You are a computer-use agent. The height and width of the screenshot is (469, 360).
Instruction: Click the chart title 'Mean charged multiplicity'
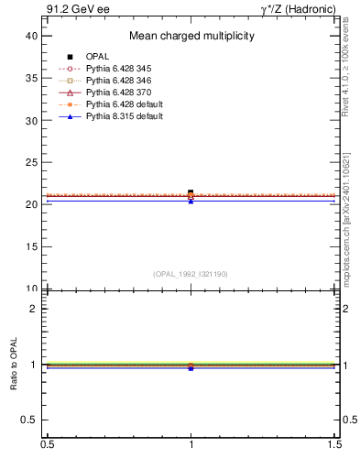tap(191, 37)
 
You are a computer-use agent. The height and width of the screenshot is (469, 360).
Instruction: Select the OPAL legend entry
tap(97, 57)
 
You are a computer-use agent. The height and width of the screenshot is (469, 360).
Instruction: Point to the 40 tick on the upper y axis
tap(32, 36)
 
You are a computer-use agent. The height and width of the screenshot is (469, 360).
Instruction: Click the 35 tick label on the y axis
tap(32, 78)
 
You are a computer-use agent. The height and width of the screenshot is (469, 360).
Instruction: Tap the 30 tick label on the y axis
tap(32, 120)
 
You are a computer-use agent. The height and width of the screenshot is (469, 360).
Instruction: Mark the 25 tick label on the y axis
tap(32, 162)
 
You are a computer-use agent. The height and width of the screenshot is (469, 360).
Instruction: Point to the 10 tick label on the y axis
tap(32, 289)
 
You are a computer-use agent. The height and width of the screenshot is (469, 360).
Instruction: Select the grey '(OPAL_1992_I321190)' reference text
tap(191, 274)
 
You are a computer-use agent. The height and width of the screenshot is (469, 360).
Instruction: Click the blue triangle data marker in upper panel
tap(191, 201)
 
